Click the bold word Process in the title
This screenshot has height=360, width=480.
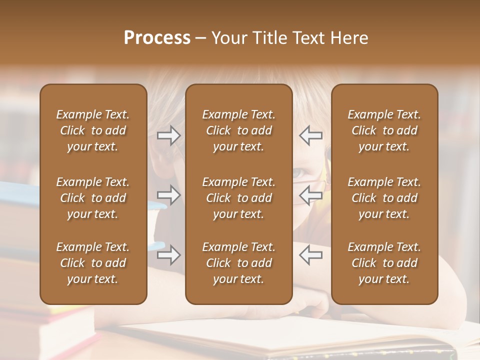(157, 38)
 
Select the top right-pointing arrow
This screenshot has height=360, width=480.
(169, 135)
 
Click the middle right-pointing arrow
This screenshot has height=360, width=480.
(169, 195)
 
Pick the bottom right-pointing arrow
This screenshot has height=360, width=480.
(169, 255)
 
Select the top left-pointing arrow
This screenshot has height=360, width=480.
(310, 135)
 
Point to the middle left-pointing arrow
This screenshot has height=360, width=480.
(310, 195)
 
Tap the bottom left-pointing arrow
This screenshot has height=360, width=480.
(310, 255)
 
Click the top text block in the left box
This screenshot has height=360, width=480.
(93, 130)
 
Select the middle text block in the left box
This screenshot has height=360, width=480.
(93, 198)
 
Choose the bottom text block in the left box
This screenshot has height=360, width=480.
(93, 263)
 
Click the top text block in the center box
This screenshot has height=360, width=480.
(239, 130)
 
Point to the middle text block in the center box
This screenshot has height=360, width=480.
(239, 198)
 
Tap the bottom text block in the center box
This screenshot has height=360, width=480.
(239, 263)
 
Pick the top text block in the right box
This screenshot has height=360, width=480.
(384, 130)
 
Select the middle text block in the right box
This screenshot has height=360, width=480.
(384, 198)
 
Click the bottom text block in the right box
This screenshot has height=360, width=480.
(384, 263)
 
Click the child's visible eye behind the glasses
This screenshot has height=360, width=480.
(298, 173)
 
